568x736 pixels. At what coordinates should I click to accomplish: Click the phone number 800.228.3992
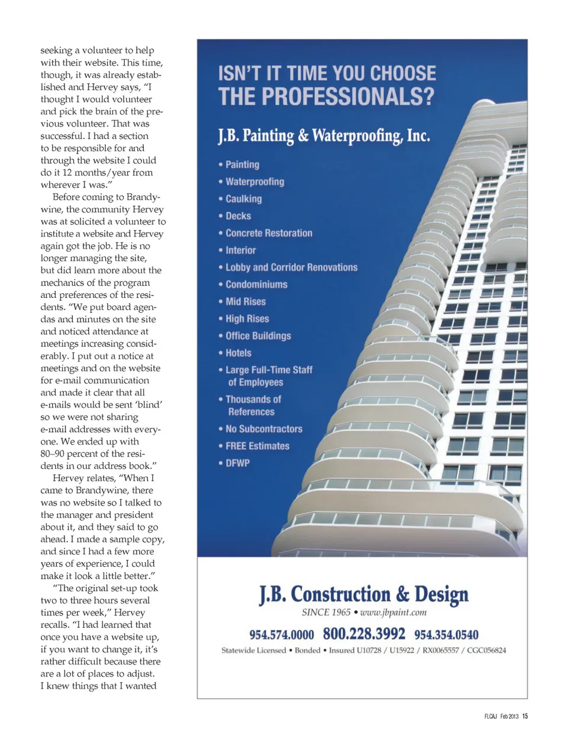pyautogui.click(x=364, y=634)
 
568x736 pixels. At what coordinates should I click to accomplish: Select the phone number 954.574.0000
pyautogui.click(x=282, y=635)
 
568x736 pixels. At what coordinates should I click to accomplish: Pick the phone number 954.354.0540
pyautogui.click(x=446, y=635)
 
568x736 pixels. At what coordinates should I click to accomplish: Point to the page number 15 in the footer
pyautogui.click(x=525, y=716)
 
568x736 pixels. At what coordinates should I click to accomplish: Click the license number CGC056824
pyautogui.click(x=486, y=650)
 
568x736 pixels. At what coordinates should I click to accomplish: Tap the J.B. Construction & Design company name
pyautogui.click(x=363, y=594)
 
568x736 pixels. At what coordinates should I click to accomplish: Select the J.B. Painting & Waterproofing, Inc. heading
pyautogui.click(x=324, y=136)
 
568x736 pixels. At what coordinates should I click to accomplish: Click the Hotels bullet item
pyautogui.click(x=238, y=354)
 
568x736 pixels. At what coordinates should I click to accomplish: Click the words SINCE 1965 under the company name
pyautogui.click(x=326, y=612)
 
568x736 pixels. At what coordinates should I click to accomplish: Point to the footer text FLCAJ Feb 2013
pyautogui.click(x=501, y=716)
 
